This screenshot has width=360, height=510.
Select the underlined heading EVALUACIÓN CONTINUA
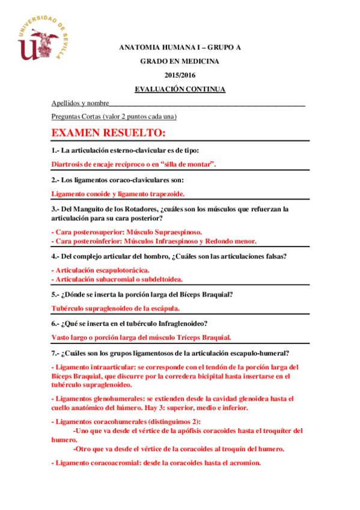coord(180,89)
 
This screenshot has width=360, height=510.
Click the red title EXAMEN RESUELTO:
coord(108,132)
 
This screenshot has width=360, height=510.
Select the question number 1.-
coord(56,150)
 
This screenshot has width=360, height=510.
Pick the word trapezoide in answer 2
coord(163,194)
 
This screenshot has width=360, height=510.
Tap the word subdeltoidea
coord(159,279)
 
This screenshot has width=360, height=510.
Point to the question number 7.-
coord(56,353)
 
